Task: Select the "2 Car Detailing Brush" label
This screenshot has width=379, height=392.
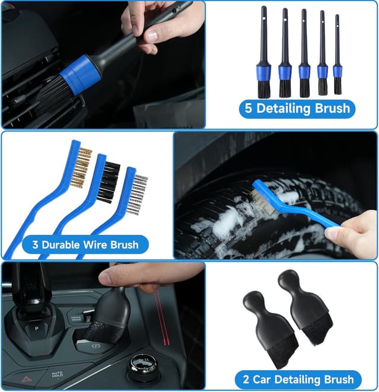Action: (297, 379)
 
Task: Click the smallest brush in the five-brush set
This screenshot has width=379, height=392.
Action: (338, 59)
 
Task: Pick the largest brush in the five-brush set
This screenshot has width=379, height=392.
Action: (264, 59)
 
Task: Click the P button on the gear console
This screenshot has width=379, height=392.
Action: (37, 327)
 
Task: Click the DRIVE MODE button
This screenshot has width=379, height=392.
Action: (75, 317)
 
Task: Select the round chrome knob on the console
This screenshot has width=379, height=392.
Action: (143, 363)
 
